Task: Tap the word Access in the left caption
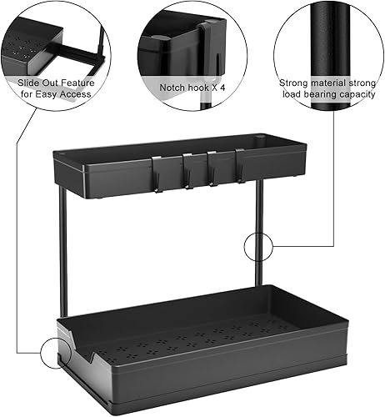pyautogui.click(x=75, y=94)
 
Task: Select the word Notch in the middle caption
pyautogui.click(x=174, y=86)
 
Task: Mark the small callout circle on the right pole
pyautogui.click(x=258, y=247)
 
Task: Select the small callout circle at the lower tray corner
pyautogui.click(x=56, y=353)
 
